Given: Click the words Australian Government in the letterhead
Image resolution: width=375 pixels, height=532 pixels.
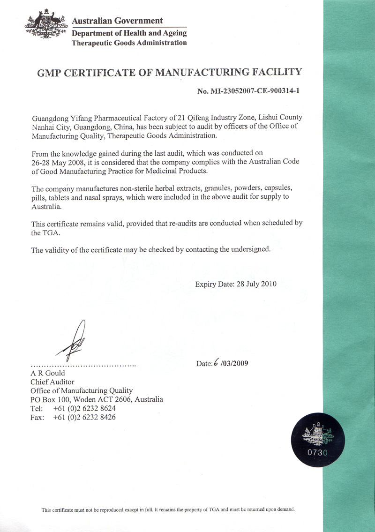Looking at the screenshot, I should pos(118,21).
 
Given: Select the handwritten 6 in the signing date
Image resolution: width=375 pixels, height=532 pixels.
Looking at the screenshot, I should pos(216,362).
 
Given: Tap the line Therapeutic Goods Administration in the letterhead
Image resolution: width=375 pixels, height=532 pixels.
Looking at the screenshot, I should pos(129,43).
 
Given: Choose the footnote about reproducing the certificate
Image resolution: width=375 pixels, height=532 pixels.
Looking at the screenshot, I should pos(168,510).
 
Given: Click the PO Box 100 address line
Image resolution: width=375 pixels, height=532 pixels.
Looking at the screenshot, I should pos(97,399).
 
